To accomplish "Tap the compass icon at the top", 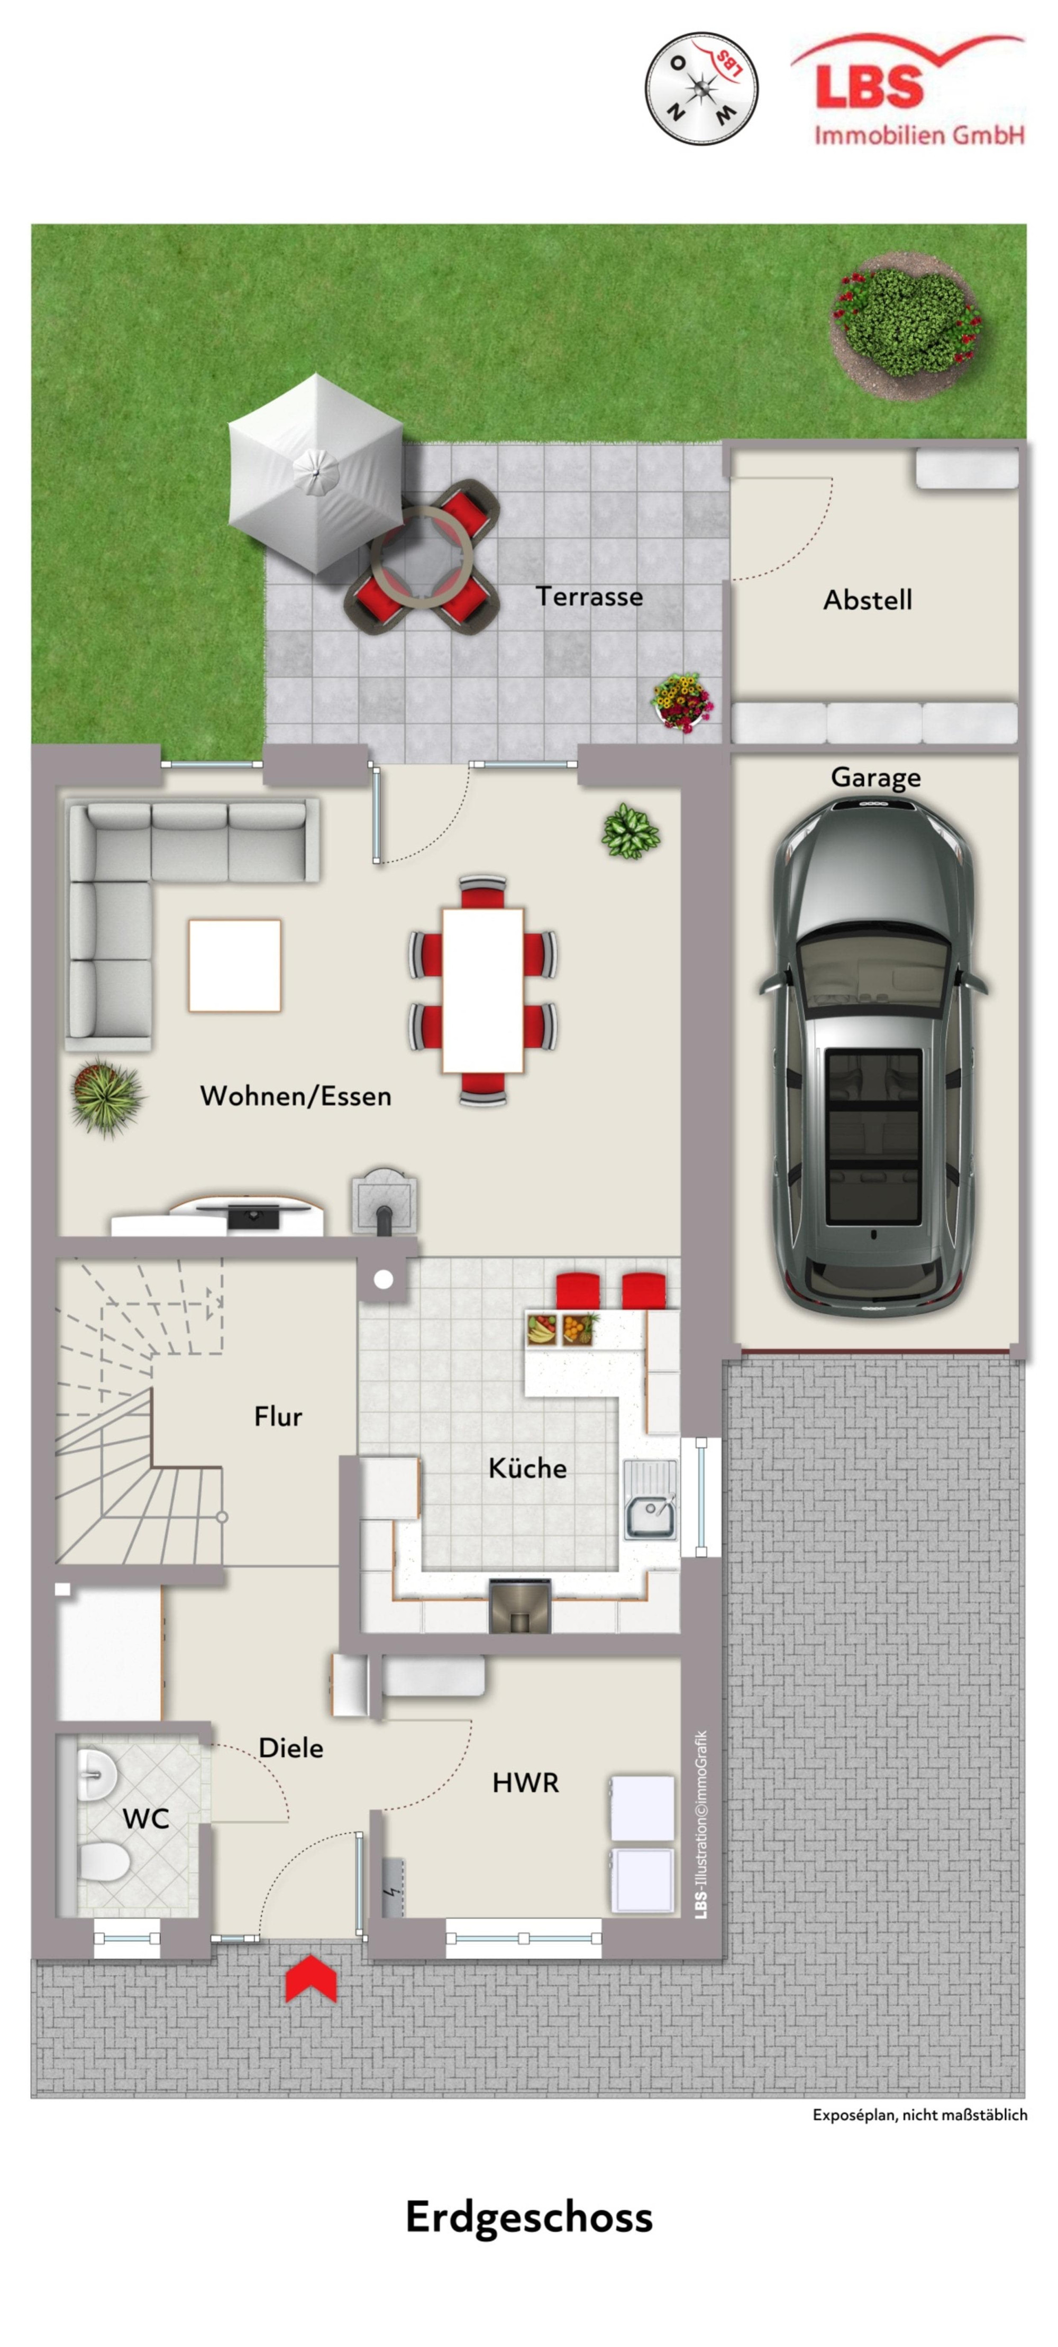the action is pos(701,89).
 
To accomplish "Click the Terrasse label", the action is pos(589,596).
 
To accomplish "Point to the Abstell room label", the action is pos(868,600).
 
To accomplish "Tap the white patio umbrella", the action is pos(314,473).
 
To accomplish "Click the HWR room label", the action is pos(526,1783).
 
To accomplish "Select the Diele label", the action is pos(291,1747).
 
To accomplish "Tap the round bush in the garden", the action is pos(908,324).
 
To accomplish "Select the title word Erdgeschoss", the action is pos(528,2217).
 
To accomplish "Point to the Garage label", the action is pos(875,778).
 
